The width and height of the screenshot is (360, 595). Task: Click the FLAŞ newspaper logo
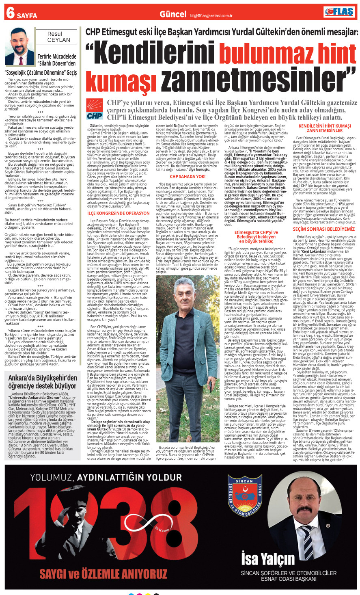tap(340, 12)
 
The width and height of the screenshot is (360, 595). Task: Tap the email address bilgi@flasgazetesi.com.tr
tap(211, 16)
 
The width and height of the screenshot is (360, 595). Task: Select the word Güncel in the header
tap(173, 14)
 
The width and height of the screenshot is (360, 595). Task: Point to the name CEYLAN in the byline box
tap(58, 40)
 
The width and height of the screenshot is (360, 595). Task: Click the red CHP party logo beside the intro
tap(95, 109)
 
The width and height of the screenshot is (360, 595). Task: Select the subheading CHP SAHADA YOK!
tap(188, 176)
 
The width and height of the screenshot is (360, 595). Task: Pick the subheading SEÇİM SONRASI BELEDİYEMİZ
tap(323, 229)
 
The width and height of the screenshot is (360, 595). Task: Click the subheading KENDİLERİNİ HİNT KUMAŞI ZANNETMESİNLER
tap(324, 128)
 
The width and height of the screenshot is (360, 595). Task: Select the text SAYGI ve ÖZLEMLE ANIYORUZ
tap(103, 573)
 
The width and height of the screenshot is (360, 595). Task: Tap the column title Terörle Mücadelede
tap(57, 56)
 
